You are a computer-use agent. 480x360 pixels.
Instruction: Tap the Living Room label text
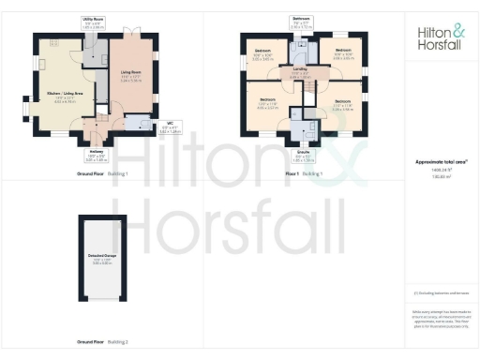129,71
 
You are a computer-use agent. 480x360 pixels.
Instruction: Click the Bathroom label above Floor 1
300,20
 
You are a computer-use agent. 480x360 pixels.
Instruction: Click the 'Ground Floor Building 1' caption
102,174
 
